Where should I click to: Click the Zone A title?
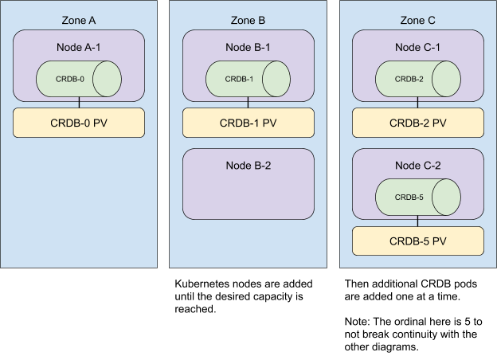pyautogui.click(x=78, y=20)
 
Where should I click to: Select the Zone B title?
pyautogui.click(x=248, y=20)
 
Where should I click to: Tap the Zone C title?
pyautogui.click(x=418, y=20)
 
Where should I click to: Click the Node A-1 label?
pyautogui.click(x=78, y=47)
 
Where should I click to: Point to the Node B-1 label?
pyautogui.click(x=248, y=47)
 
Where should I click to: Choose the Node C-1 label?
pyautogui.click(x=418, y=47)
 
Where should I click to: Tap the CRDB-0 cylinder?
pyautogui.click(x=78, y=79)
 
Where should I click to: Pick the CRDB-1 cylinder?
pyautogui.click(x=248, y=79)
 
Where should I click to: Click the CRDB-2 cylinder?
pyautogui.click(x=418, y=79)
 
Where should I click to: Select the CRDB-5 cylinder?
pyautogui.click(x=418, y=196)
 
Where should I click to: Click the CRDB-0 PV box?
pyautogui.click(x=78, y=123)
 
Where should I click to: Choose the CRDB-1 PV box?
pyautogui.click(x=248, y=123)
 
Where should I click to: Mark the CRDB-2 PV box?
pyautogui.click(x=418, y=123)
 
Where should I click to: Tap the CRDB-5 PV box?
pyautogui.click(x=418, y=241)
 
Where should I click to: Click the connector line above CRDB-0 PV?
pyautogui.click(x=78, y=104)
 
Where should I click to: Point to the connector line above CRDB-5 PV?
pyautogui.click(x=418, y=221)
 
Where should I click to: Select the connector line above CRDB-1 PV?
pyautogui.click(x=248, y=104)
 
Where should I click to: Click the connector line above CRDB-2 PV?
pyautogui.click(x=418, y=104)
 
